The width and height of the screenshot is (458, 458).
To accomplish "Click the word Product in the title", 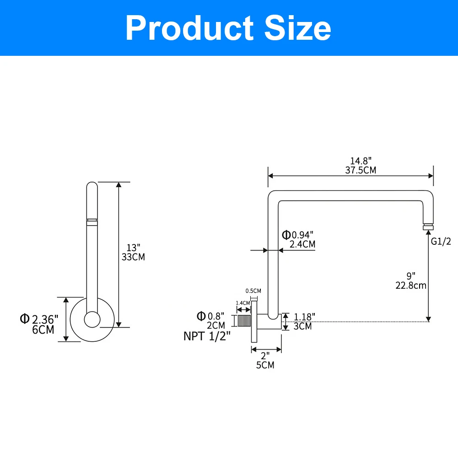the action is point(189,28).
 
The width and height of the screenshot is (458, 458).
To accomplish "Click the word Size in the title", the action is point(298,28).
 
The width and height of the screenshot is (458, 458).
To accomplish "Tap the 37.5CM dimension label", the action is point(361,170).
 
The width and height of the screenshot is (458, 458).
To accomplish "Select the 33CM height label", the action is point(133,257).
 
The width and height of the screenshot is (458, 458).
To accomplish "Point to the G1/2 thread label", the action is point(441,241).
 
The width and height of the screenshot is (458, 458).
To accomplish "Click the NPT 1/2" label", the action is point(207,336).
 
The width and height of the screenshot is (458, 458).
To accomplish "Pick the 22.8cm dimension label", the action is point(411,286).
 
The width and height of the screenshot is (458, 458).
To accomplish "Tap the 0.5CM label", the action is point(253,291).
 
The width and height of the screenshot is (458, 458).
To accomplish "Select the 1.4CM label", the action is point(243,303).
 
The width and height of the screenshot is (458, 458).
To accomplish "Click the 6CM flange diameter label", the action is point(43,329).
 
